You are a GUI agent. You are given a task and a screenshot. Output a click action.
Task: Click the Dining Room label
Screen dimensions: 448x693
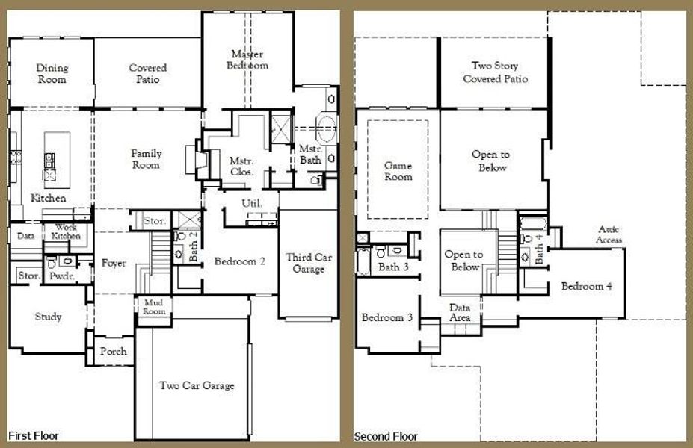click(52, 74)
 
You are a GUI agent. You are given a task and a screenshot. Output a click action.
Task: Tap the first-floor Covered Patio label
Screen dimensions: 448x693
click(147, 74)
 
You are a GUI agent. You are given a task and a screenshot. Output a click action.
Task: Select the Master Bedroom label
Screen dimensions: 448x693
click(249, 60)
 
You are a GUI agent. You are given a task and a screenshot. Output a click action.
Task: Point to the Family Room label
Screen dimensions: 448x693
click(147, 159)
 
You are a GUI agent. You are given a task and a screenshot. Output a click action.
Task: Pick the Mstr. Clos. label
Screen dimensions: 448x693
click(241, 165)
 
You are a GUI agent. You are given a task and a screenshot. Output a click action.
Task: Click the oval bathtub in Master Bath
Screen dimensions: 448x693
click(327, 129)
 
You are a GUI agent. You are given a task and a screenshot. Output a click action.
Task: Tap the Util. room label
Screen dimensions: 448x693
click(250, 203)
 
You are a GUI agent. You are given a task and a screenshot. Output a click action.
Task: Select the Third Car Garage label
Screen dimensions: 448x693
click(308, 263)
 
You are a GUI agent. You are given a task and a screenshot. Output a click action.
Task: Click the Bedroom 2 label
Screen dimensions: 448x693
click(240, 262)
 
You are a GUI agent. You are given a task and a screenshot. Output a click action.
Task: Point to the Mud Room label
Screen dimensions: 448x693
click(154, 306)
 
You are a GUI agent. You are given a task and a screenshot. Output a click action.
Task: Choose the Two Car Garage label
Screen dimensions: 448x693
click(197, 386)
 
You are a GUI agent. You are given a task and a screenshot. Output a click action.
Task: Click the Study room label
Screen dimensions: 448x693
click(48, 317)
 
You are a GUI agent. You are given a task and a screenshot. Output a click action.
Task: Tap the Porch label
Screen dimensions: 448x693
click(113, 352)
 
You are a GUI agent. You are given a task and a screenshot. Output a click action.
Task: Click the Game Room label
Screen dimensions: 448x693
click(398, 171)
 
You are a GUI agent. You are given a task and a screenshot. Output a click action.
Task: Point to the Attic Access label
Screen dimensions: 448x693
click(609, 235)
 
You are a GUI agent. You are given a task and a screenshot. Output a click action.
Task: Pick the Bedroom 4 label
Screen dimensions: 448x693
click(587, 287)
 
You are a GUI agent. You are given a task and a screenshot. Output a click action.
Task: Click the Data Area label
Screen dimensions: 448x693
click(460, 313)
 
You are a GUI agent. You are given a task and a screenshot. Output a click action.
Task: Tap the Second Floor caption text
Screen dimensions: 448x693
click(386, 436)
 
